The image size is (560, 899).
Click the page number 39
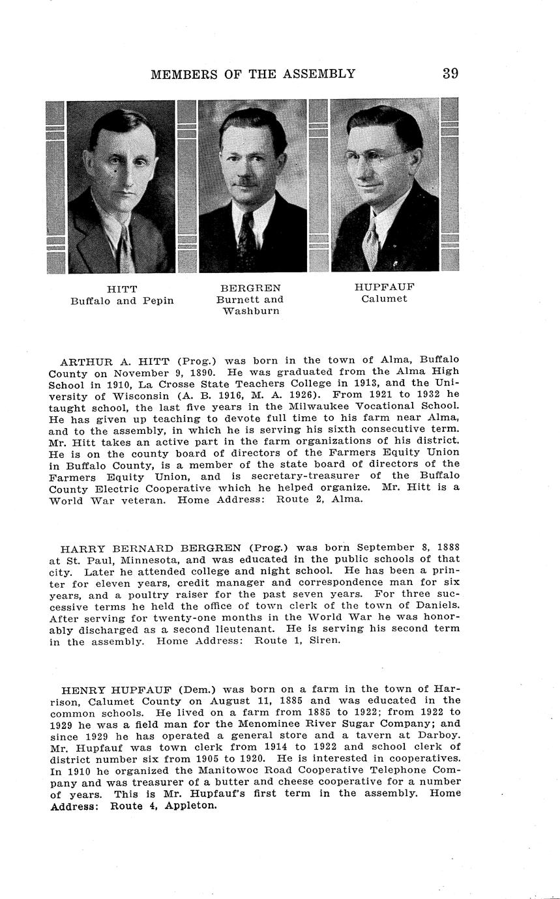coord(450,74)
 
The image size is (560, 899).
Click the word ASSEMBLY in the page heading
coord(319,74)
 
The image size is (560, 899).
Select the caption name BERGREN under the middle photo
coord(250,288)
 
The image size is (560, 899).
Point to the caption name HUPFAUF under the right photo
coord(385,287)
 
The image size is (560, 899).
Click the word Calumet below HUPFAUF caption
coord(385,299)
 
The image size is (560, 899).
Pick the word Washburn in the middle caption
coord(251,311)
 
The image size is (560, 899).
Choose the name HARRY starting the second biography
coord(78,548)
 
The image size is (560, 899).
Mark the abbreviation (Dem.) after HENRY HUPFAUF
coord(198,689)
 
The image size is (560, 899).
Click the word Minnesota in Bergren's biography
coord(141,560)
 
